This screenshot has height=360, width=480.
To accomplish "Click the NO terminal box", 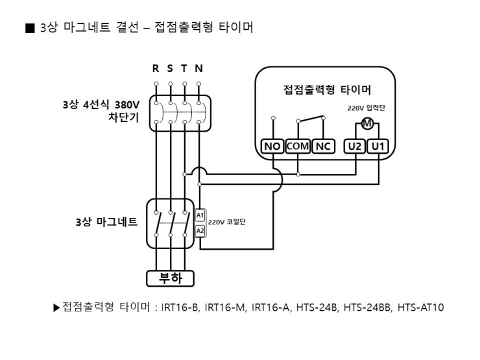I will coord(272,147).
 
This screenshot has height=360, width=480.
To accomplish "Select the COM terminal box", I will coord(298,147).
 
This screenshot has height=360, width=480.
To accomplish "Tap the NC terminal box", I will coord(323,147).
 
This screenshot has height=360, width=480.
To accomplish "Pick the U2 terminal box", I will coord(355,147).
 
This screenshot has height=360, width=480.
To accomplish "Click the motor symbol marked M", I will coord(366,124).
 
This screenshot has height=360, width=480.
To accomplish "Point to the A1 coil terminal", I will coord(200,215).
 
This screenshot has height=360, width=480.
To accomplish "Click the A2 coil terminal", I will coord(200,230).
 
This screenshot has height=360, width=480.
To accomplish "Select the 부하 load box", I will coord(170,279).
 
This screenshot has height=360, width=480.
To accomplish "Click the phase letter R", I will coord(156,68).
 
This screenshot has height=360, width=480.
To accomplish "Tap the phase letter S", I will coord(170,68).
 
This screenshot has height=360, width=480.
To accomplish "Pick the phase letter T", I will coord(184,68).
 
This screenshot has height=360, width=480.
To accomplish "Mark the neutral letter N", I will coord(198,68).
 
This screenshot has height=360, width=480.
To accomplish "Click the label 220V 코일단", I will coord(227,222).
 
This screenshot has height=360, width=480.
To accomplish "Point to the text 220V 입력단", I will coord(366,108).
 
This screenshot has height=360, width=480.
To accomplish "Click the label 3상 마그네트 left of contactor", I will coord(106,222).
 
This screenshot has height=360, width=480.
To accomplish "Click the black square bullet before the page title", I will coord(29,28).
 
